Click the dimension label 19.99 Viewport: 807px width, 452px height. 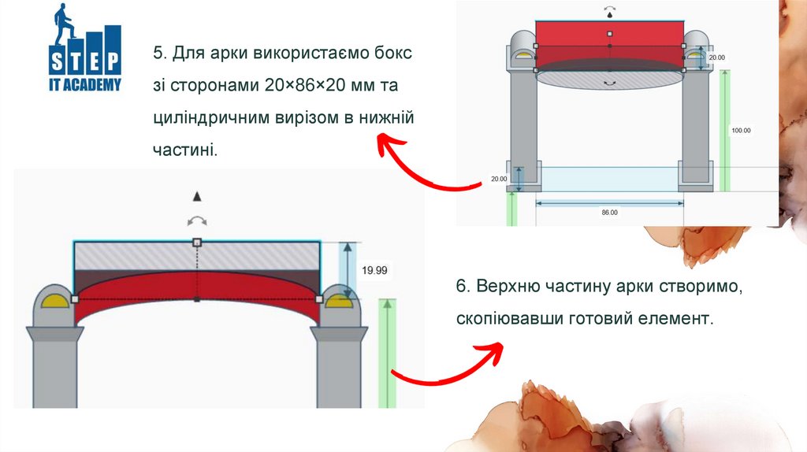[374, 270]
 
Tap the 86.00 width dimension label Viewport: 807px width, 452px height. [609, 213]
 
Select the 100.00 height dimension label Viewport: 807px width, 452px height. [741, 131]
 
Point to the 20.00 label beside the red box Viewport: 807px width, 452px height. [716, 57]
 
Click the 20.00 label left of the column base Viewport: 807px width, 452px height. [499, 179]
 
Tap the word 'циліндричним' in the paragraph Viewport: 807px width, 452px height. [209, 117]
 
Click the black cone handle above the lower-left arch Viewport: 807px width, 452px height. [198, 195]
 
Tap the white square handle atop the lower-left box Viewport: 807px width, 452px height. [197, 242]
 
